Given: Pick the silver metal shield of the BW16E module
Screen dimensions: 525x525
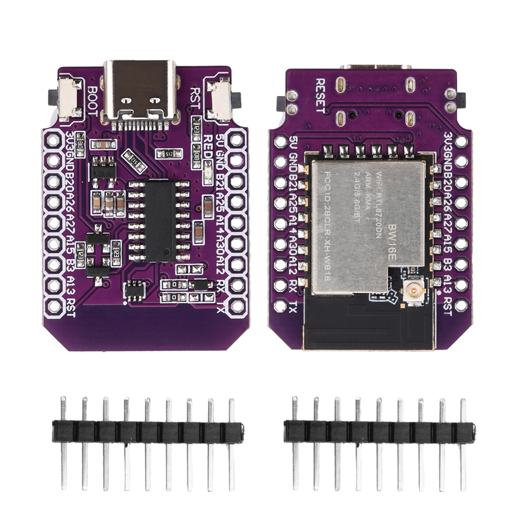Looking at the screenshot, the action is click(367, 220).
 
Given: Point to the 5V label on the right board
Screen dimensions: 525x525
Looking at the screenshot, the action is click(294, 142).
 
